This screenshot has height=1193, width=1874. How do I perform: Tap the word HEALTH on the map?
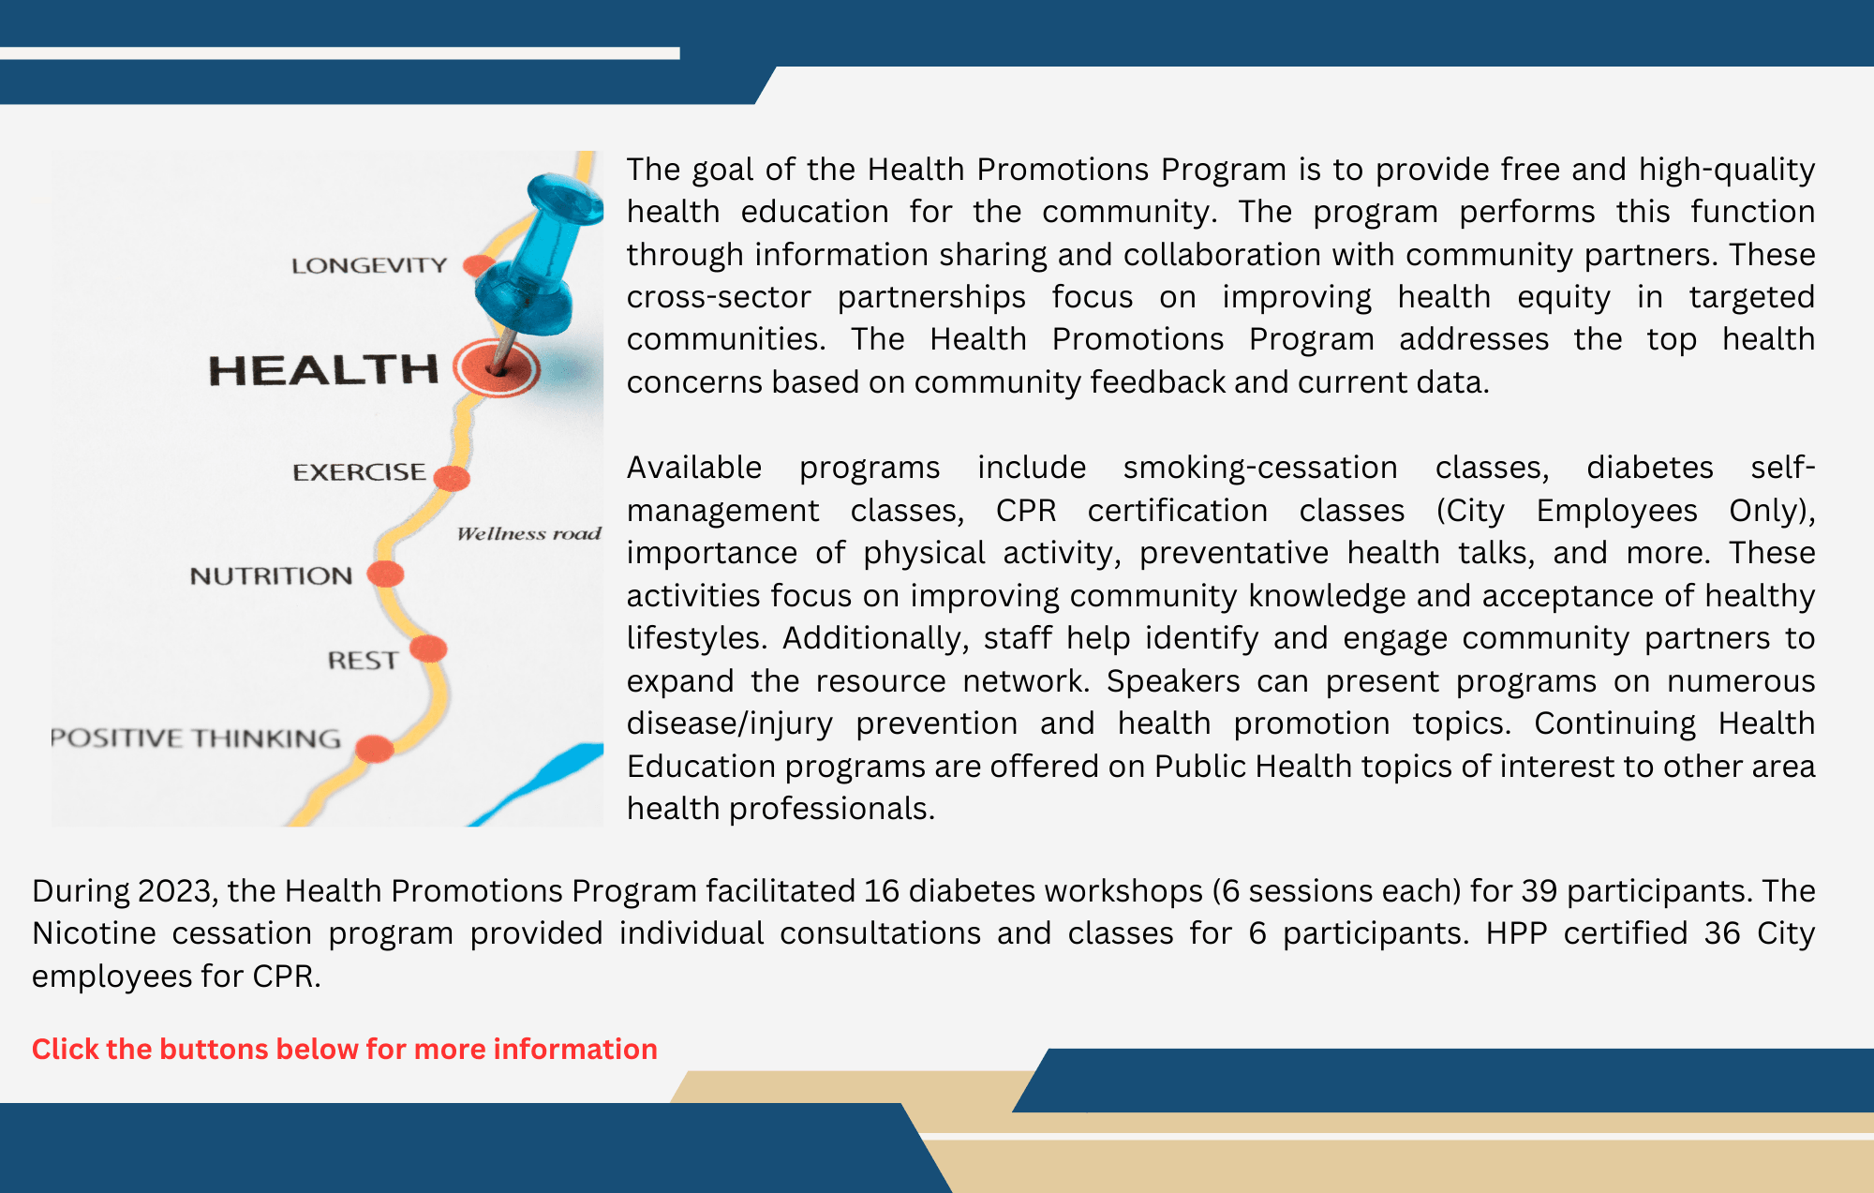pyautogui.click(x=323, y=370)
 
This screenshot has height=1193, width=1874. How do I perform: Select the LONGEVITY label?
pyautogui.click(x=369, y=265)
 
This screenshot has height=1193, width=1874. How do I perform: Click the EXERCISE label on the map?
pyautogui.click(x=359, y=471)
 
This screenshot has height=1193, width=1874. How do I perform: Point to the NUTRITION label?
pyautogui.click(x=271, y=575)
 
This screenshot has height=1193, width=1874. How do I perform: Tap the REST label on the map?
pyautogui.click(x=363, y=661)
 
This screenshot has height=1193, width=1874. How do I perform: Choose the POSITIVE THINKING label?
pyautogui.click(x=196, y=738)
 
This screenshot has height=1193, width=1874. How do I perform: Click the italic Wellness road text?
pyautogui.click(x=528, y=533)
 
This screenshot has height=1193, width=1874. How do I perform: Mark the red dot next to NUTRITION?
pyautogui.click(x=385, y=574)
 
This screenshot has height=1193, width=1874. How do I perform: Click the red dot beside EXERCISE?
pyautogui.click(x=452, y=478)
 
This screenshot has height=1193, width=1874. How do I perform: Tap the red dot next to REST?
pyautogui.click(x=428, y=649)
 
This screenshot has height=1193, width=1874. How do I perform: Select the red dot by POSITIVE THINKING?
pyautogui.click(x=375, y=749)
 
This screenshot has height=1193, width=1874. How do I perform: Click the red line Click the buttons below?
pyautogui.click(x=344, y=1049)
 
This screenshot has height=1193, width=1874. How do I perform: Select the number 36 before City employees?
pyautogui.click(x=1722, y=933)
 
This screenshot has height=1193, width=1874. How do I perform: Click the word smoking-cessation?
pyautogui.click(x=1260, y=467)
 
